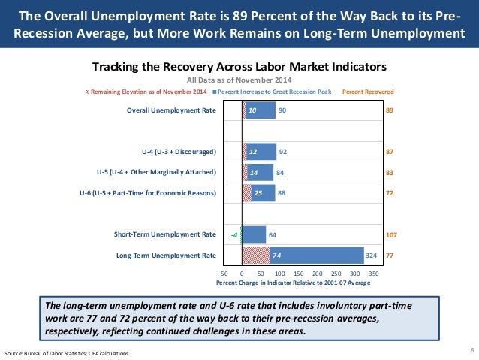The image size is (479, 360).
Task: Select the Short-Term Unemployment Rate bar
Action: point(254,234)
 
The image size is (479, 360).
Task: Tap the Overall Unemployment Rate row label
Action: point(172,110)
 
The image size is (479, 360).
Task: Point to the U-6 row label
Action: point(148,193)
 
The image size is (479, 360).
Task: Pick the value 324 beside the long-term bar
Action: point(371,256)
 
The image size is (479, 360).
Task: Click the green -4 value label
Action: point(235,234)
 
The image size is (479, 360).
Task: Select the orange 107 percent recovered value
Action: point(391,234)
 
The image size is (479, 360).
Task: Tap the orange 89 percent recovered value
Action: point(390,110)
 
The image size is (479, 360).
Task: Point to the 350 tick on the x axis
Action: point(373,274)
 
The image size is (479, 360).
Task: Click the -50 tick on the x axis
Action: point(223,274)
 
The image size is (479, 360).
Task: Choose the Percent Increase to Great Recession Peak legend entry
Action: point(275,91)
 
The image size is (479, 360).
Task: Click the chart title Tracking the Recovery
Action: point(239,65)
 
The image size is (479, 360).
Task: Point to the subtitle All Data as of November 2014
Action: point(239,80)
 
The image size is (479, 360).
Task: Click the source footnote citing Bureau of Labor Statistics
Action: point(67,352)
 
